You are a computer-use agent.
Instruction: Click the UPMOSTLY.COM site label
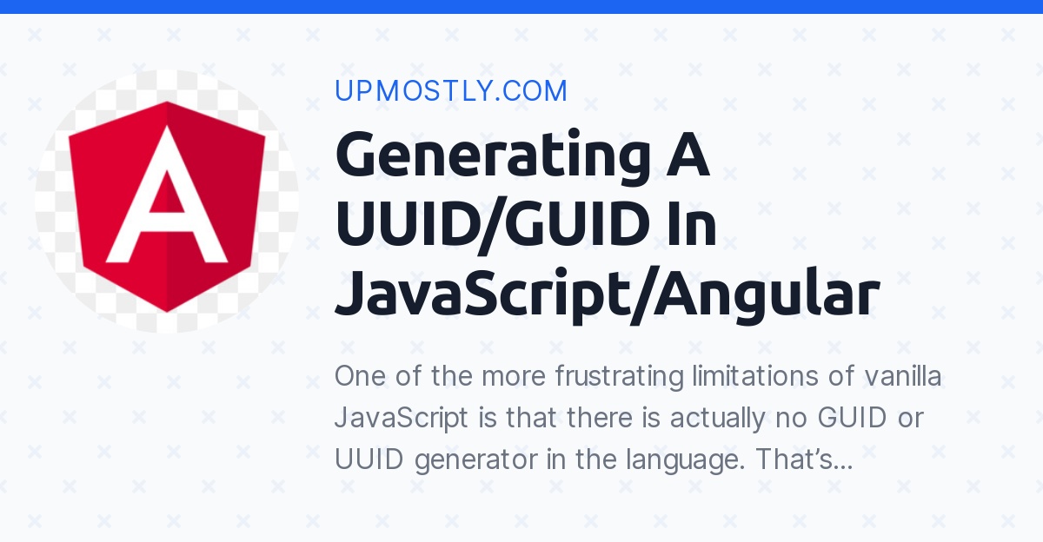coord(451,91)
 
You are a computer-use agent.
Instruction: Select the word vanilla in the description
coord(903,378)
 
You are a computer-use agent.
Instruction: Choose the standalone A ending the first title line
coord(688,156)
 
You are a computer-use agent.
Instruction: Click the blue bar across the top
coord(521,6)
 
